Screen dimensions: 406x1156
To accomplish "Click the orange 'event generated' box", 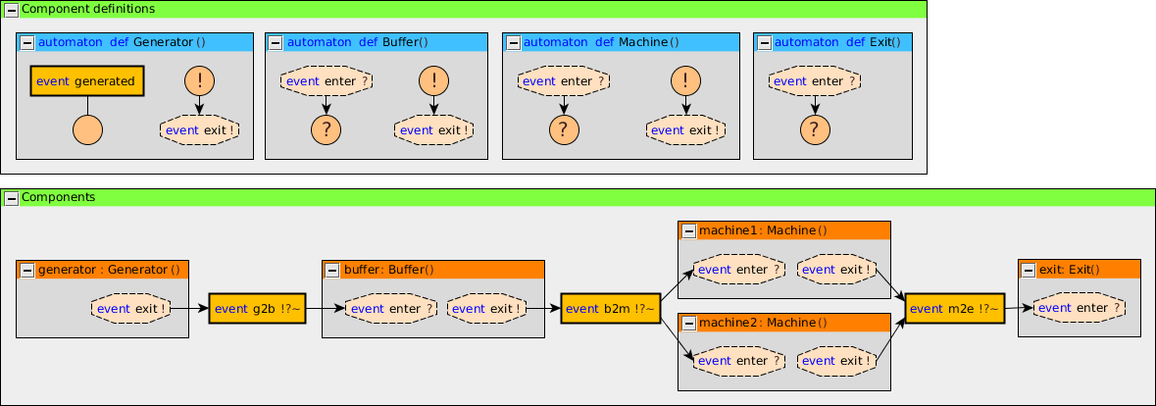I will (x=87, y=81).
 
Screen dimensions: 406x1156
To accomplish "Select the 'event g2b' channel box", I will (x=258, y=309).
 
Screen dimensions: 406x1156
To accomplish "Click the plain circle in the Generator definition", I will (x=87, y=128).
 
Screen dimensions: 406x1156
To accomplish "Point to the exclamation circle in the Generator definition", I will (x=199, y=81).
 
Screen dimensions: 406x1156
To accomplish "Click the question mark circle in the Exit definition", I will (x=814, y=128).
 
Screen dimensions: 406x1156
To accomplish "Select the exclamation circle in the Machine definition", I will (x=685, y=81).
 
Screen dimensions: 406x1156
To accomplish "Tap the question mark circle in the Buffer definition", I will (x=327, y=128).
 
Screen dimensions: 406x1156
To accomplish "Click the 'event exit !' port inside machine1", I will (x=836, y=270).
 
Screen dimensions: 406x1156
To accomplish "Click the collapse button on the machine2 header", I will (x=687, y=323).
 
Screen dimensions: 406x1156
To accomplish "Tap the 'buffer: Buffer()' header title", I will (x=388, y=270).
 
